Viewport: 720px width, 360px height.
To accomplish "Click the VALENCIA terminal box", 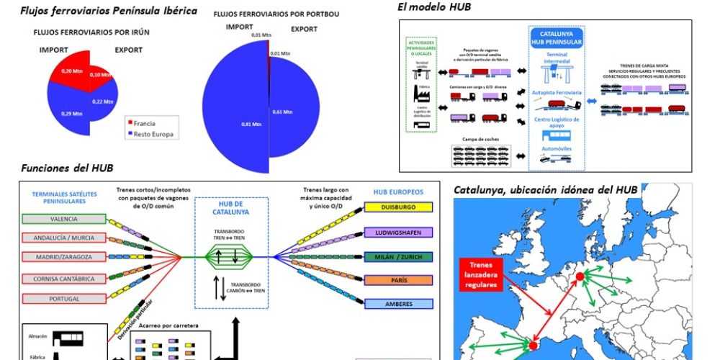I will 64,220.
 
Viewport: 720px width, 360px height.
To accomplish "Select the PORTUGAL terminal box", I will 64,298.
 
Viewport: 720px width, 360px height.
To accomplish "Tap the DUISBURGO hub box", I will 398,207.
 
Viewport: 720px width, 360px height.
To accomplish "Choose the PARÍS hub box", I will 398,280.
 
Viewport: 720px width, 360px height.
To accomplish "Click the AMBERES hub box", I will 398,304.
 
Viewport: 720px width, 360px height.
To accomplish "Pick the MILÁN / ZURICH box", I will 398,256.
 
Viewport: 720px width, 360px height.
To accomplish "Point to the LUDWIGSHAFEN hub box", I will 398,232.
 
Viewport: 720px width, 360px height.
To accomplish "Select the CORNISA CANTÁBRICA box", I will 64,279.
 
